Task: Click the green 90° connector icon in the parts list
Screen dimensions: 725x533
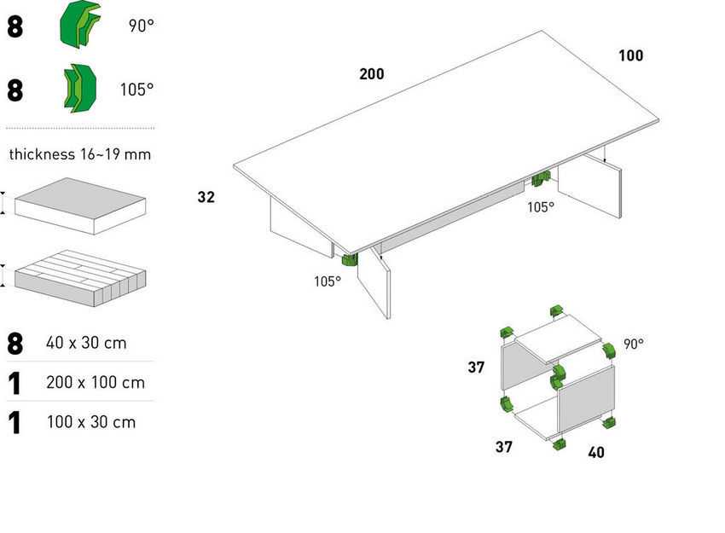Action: point(79,24)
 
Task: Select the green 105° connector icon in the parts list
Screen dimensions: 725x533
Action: point(79,88)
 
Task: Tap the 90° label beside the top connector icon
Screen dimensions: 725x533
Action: point(141,26)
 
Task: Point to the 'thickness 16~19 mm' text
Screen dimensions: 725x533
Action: point(80,154)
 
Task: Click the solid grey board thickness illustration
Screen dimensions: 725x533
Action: point(80,206)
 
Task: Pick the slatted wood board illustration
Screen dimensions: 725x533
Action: point(80,278)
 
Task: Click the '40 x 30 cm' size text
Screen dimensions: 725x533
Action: point(86,343)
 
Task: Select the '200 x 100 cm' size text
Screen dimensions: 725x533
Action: point(96,383)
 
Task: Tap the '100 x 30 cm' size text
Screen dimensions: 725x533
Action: point(91,422)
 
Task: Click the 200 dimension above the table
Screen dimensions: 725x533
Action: point(372,74)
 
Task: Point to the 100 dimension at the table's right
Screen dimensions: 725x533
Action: point(630,55)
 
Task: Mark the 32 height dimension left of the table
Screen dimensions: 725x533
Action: point(206,197)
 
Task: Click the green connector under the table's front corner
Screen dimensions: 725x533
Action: point(350,260)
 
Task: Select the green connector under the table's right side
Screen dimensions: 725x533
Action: point(541,178)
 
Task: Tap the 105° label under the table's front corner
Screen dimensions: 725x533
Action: point(328,281)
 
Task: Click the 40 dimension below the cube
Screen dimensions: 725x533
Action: point(596,452)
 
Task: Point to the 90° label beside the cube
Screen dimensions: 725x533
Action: point(634,344)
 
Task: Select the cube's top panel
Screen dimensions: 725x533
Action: point(558,339)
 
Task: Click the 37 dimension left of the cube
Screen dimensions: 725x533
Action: point(476,368)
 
